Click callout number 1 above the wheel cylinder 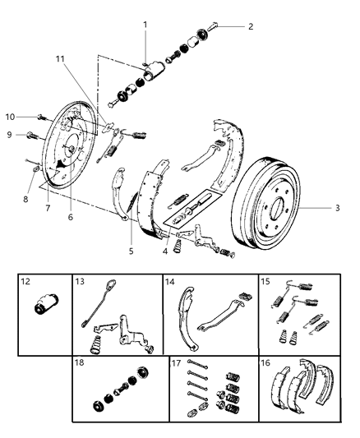point(144,25)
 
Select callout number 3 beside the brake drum point(336,209)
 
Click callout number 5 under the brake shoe point(131,251)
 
